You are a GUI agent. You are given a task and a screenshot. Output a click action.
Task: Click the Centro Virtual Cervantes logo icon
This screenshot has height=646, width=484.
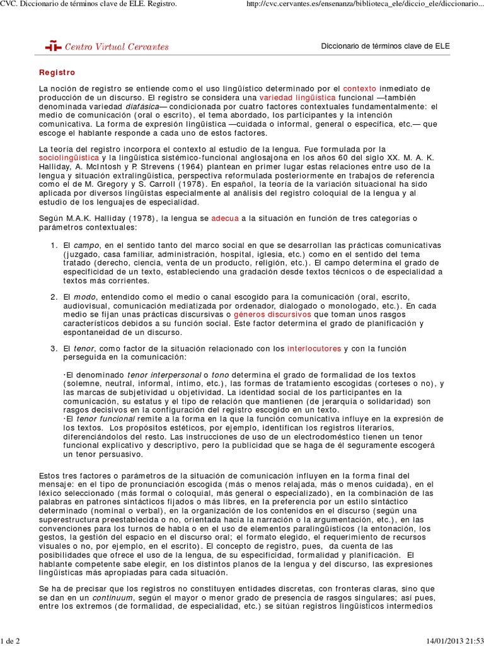53,46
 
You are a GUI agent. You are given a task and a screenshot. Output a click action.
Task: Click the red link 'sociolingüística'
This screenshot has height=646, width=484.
69,156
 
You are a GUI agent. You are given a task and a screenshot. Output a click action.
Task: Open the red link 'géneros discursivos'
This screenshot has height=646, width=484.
273,314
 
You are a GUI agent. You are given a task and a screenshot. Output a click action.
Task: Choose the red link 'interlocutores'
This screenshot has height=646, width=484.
314,348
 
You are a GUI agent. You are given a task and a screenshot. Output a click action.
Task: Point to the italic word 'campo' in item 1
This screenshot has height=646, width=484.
87,244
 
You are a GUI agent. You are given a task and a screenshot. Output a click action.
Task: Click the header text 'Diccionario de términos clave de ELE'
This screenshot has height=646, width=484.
386,46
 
